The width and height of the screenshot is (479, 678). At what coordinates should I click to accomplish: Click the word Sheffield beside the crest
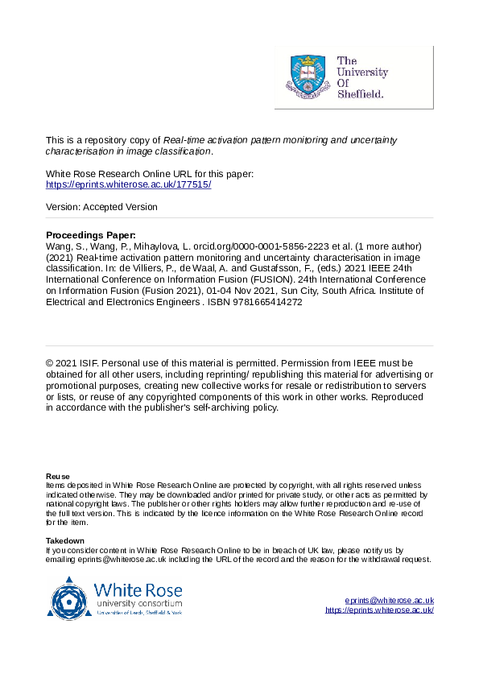[359, 93]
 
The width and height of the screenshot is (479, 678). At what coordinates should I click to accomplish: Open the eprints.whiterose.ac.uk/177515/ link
[129, 184]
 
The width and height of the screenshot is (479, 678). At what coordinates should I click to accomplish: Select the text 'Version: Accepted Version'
[101, 207]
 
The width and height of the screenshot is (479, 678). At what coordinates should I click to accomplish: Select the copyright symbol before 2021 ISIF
[50, 362]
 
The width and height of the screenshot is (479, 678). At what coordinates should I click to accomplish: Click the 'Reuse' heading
[58, 477]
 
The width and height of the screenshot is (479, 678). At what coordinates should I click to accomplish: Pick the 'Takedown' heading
[65, 540]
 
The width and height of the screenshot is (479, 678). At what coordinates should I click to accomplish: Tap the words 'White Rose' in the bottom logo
[138, 589]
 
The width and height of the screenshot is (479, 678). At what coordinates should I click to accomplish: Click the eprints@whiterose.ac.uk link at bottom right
[389, 601]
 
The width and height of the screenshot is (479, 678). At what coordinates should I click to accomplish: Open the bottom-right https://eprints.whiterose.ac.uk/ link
[379, 610]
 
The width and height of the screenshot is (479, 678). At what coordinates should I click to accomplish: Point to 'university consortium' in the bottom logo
[138, 603]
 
